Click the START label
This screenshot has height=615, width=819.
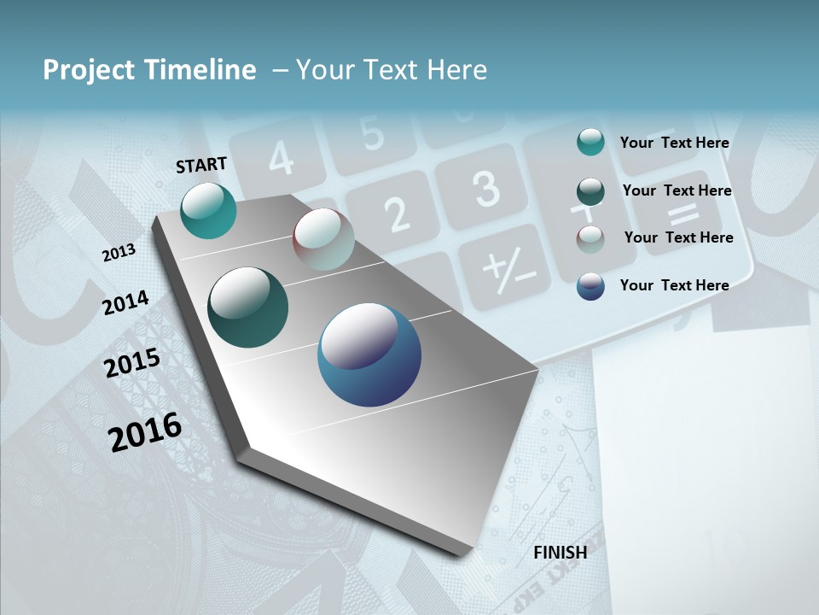(201, 164)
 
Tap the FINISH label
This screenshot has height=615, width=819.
(560, 553)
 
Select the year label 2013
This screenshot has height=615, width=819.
(119, 253)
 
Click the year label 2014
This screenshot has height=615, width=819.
(125, 302)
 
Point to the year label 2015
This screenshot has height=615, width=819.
(131, 363)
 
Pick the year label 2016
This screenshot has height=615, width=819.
(145, 431)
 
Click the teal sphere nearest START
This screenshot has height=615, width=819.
(208, 210)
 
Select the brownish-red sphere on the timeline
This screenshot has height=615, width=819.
(323, 239)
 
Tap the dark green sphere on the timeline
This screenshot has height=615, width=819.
(247, 307)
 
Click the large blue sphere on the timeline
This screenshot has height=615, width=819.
(369, 354)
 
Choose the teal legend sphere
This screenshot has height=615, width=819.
(590, 142)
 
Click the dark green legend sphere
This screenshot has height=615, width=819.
(590, 190)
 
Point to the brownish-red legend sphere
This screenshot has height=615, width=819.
(590, 238)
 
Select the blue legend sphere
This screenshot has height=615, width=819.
(590, 286)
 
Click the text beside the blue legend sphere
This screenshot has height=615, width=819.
(674, 285)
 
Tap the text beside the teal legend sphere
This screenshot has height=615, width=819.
(674, 143)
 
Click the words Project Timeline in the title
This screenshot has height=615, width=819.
(149, 70)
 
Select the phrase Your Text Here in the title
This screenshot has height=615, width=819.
(392, 70)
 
